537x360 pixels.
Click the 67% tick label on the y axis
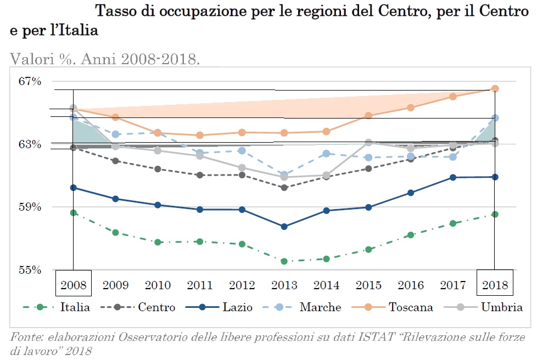pos(30,81)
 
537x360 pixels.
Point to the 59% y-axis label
pos(30,207)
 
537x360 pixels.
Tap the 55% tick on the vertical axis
pos(30,270)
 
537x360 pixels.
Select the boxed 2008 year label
pos(73,285)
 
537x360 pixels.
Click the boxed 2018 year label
pos(495,285)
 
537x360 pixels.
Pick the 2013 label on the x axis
pos(284,285)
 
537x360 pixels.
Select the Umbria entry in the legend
pos(502,307)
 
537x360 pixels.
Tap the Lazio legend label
pos(237,307)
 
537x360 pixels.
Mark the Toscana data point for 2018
pos(495,88)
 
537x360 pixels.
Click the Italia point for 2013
pos(284,261)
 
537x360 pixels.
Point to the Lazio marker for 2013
pos(284,227)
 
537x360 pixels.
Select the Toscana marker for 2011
pos(200,135)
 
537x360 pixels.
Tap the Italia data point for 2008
pos(73,212)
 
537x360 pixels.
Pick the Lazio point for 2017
pos(453,177)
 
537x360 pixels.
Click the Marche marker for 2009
pos(115,134)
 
